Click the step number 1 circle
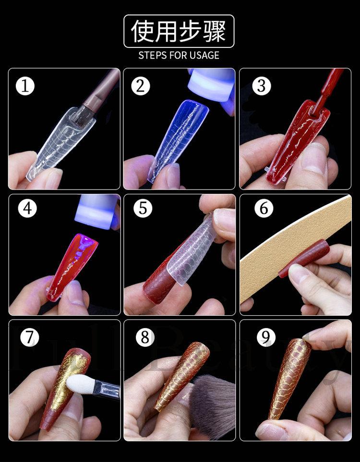coord(25,86)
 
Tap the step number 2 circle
coord(141,86)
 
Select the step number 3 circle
coord(262,86)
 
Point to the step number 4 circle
coord(27,208)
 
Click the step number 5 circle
coord(143,208)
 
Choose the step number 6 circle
coord(264,208)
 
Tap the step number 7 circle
coord(29,337)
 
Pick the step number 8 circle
coord(145,337)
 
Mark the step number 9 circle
coord(266,337)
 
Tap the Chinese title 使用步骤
coord(179,31)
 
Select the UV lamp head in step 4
coord(96,212)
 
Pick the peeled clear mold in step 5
coord(193,250)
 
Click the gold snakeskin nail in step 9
coord(289,379)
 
